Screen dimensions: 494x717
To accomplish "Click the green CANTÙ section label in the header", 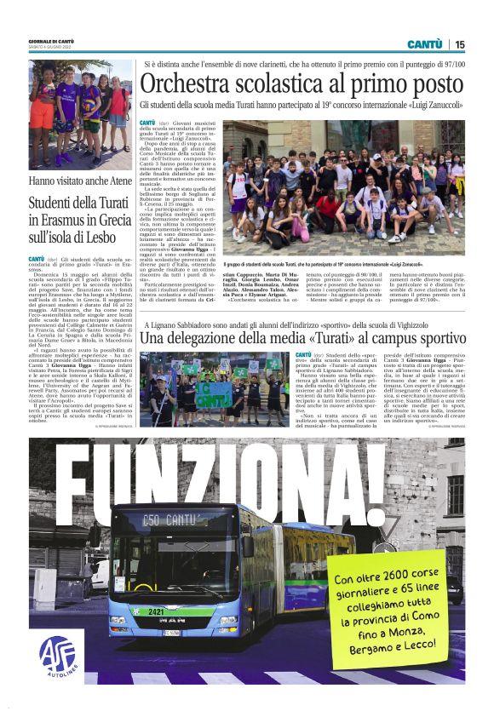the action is [x=424, y=44].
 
